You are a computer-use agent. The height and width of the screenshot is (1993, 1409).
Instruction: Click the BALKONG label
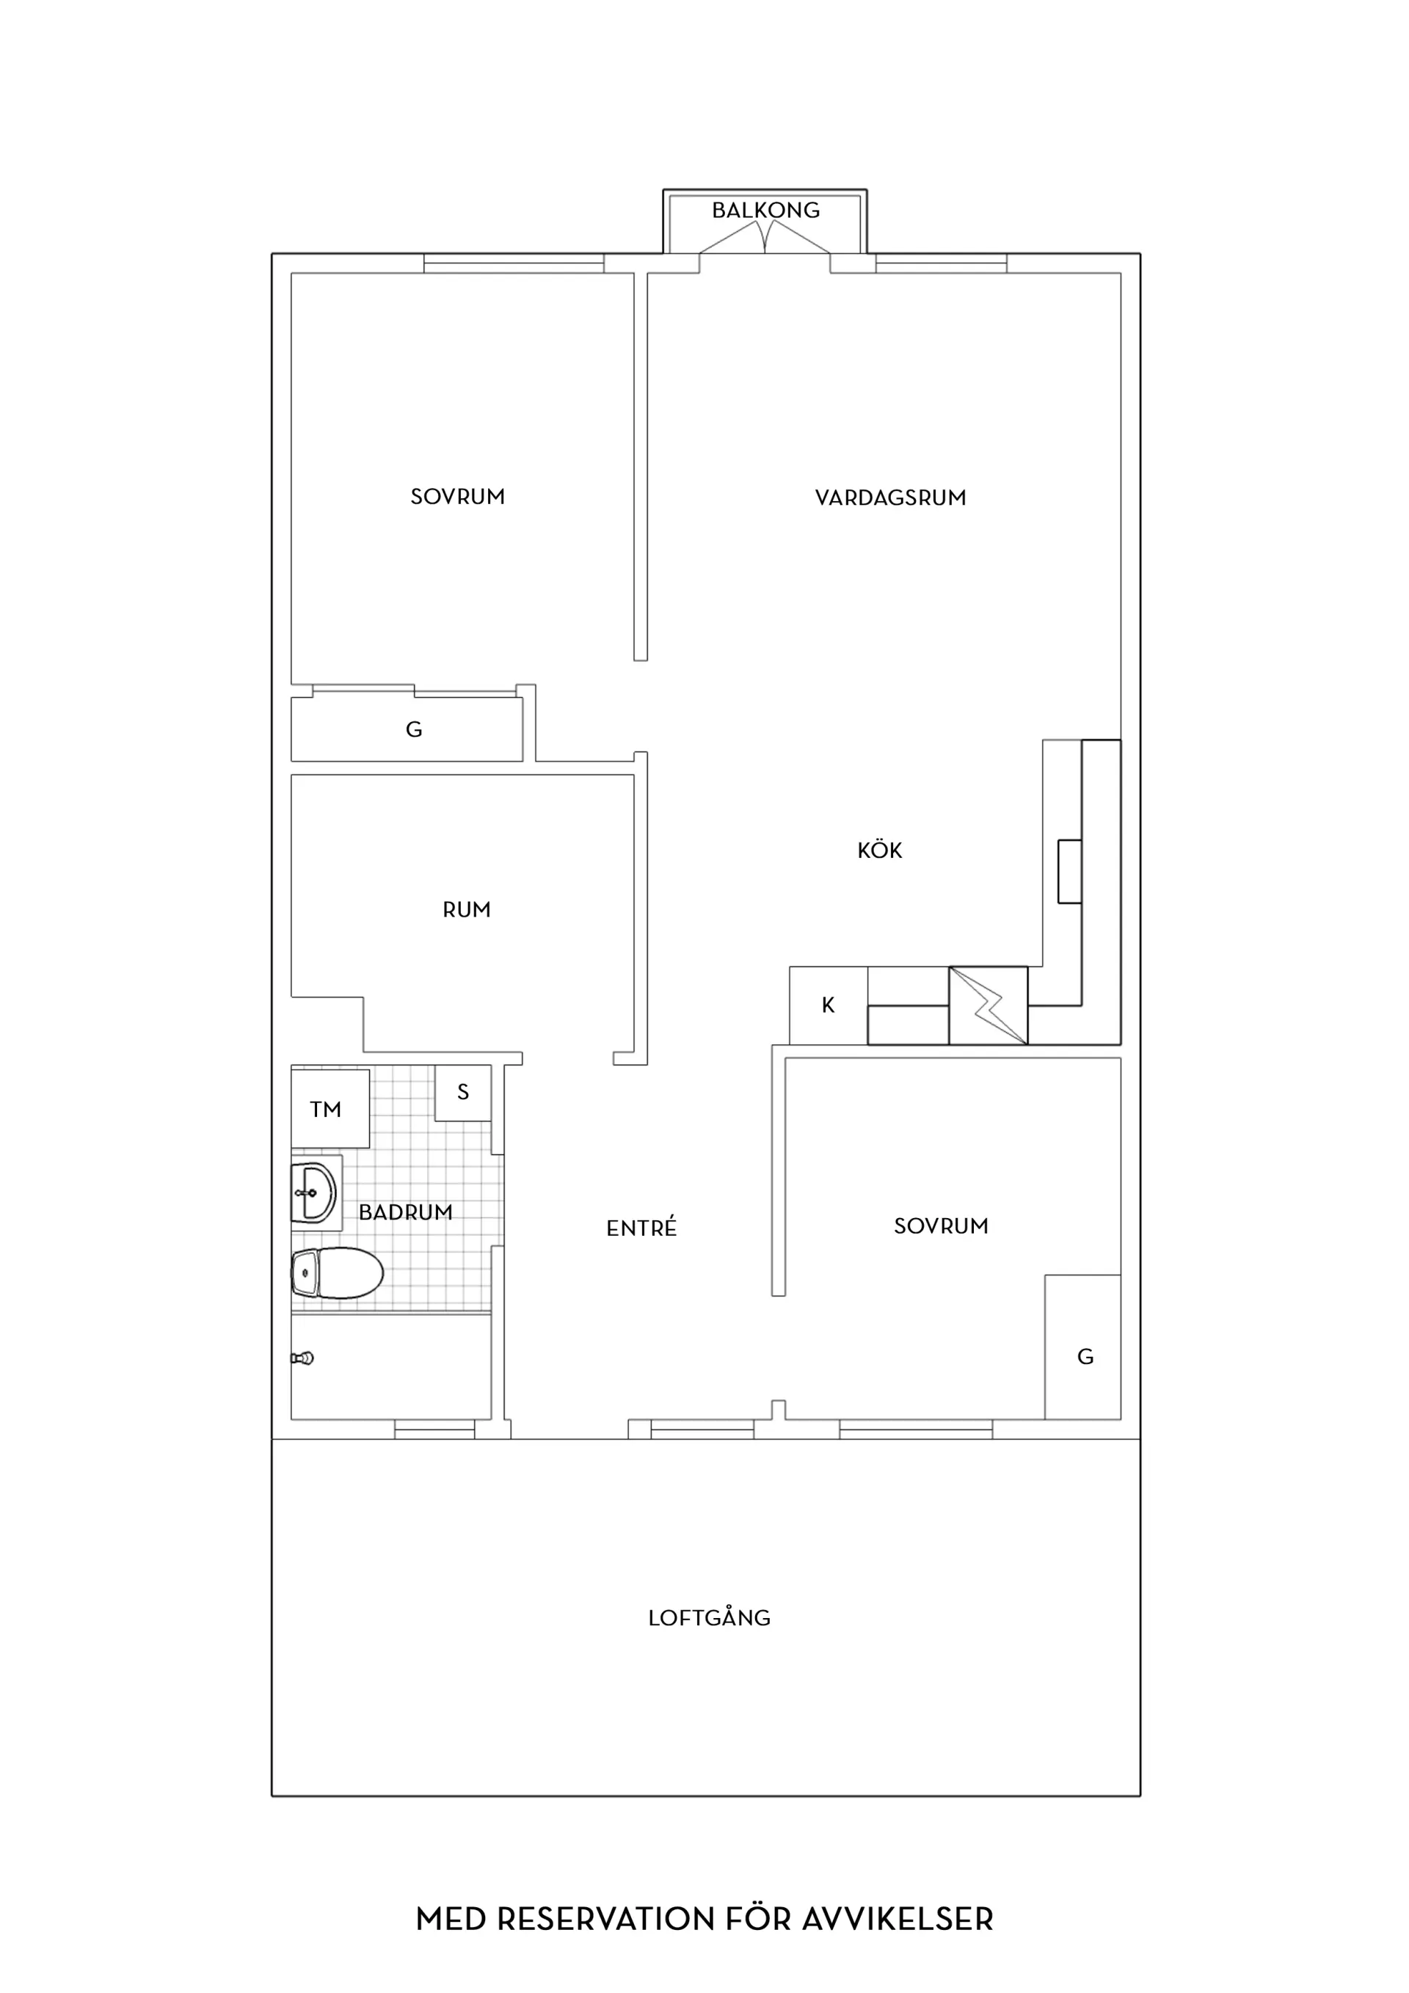pos(765,210)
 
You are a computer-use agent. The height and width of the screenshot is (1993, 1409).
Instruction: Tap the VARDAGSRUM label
pos(890,498)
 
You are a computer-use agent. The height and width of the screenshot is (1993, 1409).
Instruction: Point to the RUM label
pos(466,910)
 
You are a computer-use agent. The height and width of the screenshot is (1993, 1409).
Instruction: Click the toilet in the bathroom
pos(337,1272)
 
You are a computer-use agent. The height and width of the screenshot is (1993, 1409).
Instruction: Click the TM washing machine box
pos(330,1109)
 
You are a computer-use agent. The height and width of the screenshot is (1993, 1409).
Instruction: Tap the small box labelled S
pos(463,1092)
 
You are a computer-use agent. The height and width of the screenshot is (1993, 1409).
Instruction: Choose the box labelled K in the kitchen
pos(829,1005)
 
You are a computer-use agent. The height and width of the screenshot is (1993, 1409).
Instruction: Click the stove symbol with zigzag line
pos(988,1005)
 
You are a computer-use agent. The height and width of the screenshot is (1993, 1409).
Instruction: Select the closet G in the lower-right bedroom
pos(1082,1347)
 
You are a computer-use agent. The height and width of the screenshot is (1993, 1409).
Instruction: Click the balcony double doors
pos(765,237)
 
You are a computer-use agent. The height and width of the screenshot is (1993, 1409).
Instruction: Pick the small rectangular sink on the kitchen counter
pos(1069,872)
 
